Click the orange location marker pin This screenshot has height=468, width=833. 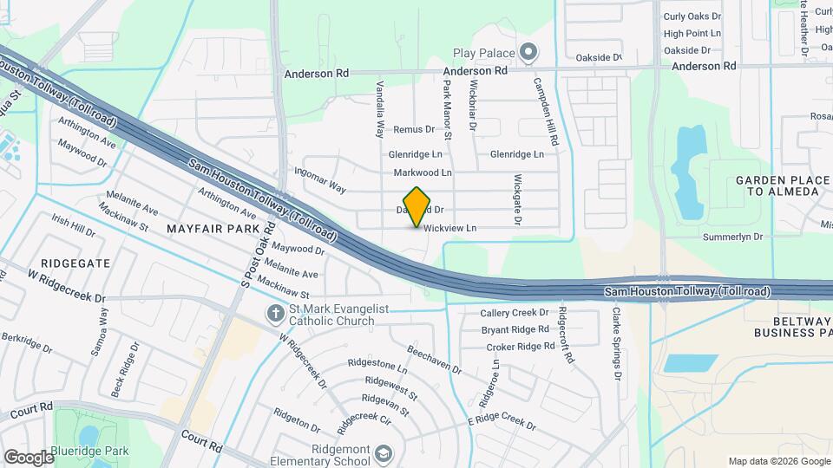[417, 206]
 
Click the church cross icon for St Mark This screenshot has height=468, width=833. [274, 314]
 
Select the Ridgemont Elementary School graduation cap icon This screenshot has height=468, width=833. [383, 454]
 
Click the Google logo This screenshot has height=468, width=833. [28, 457]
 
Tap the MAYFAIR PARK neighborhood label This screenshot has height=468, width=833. [213, 229]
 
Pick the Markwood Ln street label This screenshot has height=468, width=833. [423, 173]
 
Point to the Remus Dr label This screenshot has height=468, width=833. [413, 129]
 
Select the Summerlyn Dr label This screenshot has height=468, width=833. [733, 236]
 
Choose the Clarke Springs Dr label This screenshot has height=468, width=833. [617, 344]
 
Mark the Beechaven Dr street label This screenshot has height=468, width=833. [434, 361]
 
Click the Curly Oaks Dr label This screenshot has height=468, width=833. [692, 16]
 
